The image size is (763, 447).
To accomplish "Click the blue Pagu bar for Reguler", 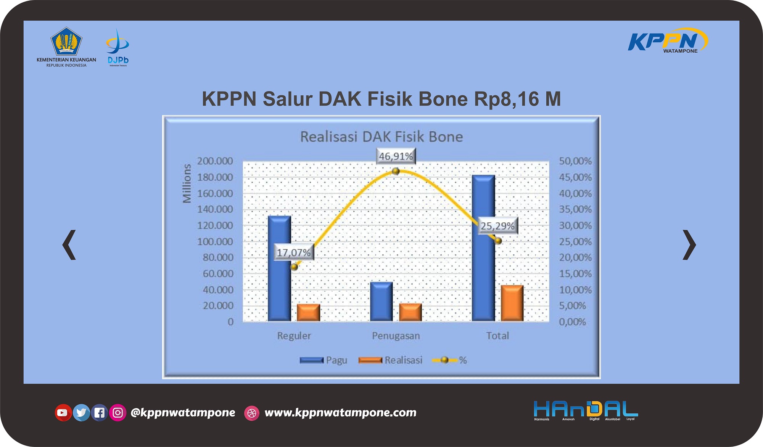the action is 279,268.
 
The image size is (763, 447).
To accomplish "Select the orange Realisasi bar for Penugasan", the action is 410,312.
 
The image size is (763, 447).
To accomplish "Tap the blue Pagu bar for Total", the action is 483,248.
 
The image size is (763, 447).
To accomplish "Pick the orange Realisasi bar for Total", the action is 512,303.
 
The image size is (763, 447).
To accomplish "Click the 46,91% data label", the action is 396,156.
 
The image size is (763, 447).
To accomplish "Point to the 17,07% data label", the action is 293,252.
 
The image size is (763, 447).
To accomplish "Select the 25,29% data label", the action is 497,226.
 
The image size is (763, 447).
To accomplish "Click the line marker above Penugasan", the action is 396,172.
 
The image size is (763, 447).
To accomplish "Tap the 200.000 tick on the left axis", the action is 215,161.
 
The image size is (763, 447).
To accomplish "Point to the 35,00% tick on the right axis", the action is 575,209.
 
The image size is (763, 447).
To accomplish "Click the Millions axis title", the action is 187,183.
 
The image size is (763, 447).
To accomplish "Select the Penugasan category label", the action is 396,336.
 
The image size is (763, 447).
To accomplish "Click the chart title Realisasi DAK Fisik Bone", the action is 381,137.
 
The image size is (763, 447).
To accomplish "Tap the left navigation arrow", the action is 69,245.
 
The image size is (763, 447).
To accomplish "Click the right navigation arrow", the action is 689,245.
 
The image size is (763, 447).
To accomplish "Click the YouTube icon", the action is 63,412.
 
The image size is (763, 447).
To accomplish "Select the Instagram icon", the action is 118,412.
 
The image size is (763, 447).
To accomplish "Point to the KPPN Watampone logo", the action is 668,40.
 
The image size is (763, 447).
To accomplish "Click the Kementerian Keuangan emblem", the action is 66,41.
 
